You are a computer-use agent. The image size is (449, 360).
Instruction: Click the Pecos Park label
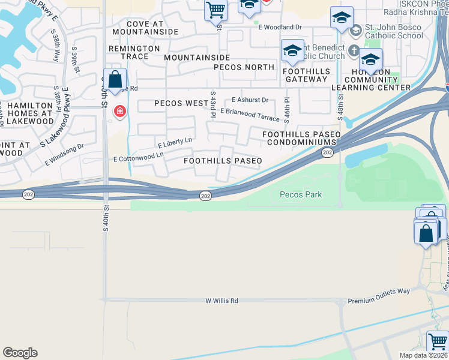coord(301,194)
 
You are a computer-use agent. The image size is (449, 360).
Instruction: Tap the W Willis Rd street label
coord(221,301)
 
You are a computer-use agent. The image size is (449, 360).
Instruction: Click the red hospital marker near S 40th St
coord(120,112)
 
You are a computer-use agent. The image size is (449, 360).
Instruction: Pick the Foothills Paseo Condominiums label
coord(301,138)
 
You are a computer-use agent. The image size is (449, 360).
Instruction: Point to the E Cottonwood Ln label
coord(139,157)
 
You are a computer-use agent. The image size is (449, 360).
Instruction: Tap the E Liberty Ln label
coord(175,143)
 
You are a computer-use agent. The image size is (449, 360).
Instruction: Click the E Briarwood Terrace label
coord(250,115)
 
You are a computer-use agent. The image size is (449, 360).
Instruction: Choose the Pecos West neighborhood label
coord(181,103)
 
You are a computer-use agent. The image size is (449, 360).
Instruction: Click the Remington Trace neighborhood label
coord(134,52)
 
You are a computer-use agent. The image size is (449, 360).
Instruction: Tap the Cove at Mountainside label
coord(145,28)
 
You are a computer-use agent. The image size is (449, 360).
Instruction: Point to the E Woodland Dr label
coord(280,27)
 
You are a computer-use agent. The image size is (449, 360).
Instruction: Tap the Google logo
coord(20,353)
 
